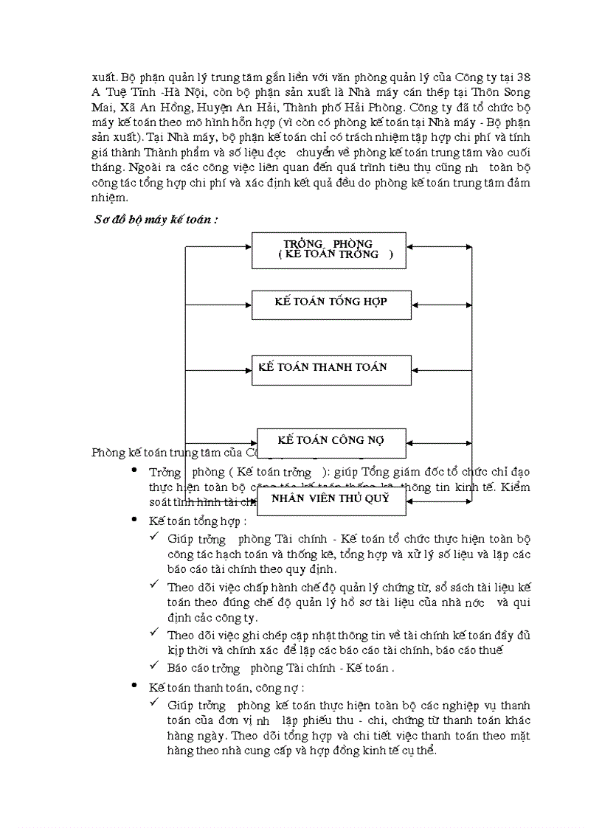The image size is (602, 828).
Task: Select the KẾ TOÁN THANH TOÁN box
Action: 331,368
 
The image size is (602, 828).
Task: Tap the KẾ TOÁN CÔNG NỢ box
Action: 331,441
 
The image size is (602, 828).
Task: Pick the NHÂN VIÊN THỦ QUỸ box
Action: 331,499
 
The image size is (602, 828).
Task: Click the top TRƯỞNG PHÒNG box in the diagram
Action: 328,250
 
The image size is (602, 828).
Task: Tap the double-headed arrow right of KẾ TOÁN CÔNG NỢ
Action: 439,442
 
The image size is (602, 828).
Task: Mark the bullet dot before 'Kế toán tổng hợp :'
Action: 134,520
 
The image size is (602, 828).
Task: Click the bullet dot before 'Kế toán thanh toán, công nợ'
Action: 134,686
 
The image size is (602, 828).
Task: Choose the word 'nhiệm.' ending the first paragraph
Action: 109,197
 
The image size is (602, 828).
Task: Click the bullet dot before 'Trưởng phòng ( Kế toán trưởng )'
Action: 134,470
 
